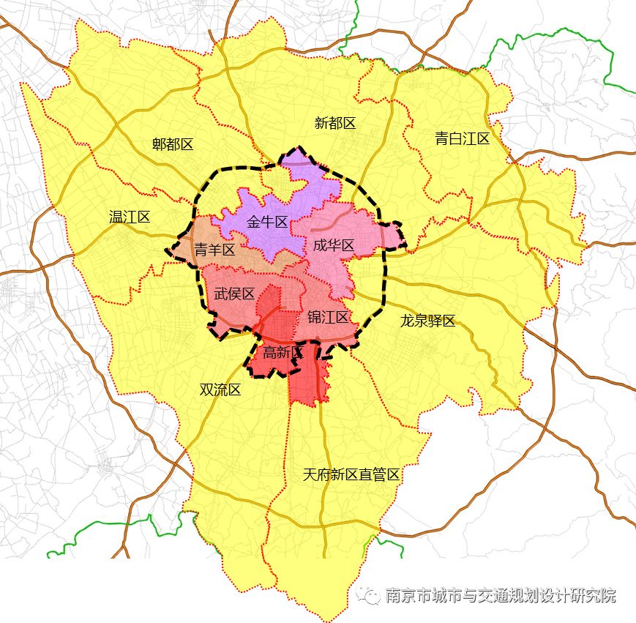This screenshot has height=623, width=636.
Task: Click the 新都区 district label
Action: [x=334, y=123]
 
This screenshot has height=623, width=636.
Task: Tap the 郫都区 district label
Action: [x=173, y=144]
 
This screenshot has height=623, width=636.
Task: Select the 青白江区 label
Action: [x=462, y=138]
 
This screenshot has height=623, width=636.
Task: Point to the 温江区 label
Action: [x=130, y=217]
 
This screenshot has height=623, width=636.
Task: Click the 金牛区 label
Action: [x=266, y=222]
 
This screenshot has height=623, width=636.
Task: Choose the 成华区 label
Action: [x=333, y=245]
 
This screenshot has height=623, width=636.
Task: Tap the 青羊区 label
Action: [x=214, y=250]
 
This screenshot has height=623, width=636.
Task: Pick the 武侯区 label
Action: [x=234, y=294]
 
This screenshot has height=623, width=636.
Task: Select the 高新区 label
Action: [x=283, y=352]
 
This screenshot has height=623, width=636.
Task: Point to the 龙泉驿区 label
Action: [x=427, y=321]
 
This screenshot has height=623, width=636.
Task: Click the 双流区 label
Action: [x=220, y=389]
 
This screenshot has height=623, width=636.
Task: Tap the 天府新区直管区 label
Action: [x=351, y=474]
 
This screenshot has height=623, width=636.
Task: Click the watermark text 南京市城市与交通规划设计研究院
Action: [x=501, y=595]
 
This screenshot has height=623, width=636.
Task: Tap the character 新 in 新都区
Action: [x=321, y=123]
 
